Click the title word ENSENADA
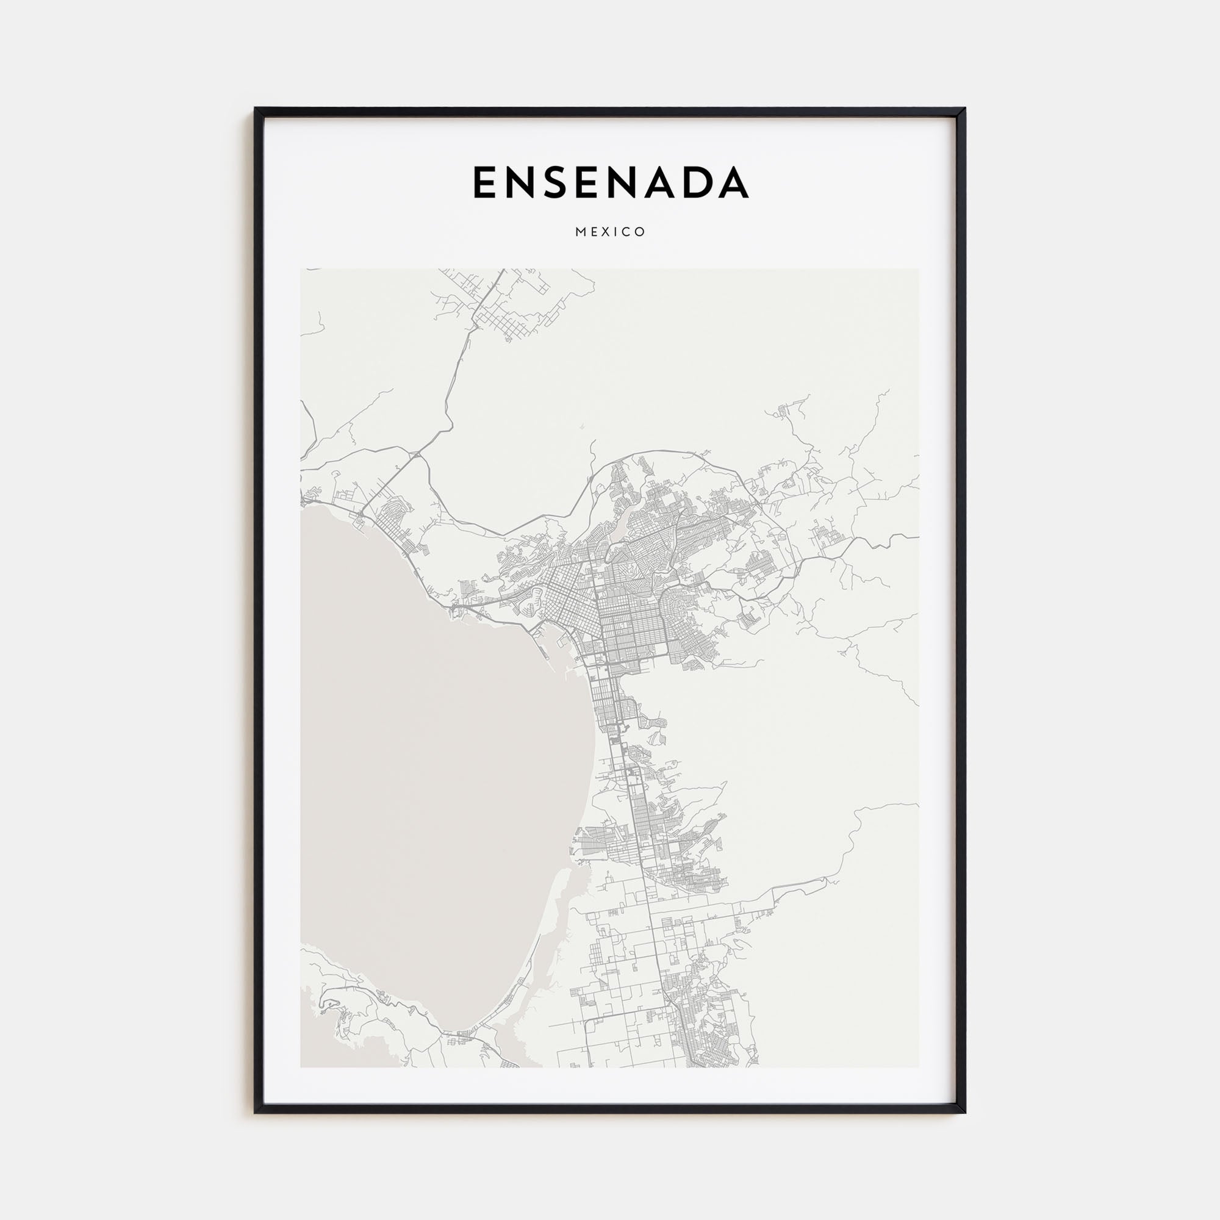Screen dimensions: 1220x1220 tap(610, 182)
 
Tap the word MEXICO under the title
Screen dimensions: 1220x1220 tap(610, 232)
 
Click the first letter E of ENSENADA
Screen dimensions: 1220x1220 tap(485, 182)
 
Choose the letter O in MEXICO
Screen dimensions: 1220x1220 tap(642, 232)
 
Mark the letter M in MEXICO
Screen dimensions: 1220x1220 tap(579, 232)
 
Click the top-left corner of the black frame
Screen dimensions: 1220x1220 tap(256, 109)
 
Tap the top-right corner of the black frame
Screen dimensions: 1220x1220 tap(964, 109)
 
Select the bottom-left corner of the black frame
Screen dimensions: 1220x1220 tap(256, 1112)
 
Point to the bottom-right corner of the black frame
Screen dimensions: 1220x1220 tap(964, 1112)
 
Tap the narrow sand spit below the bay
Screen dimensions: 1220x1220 tap(543, 947)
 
